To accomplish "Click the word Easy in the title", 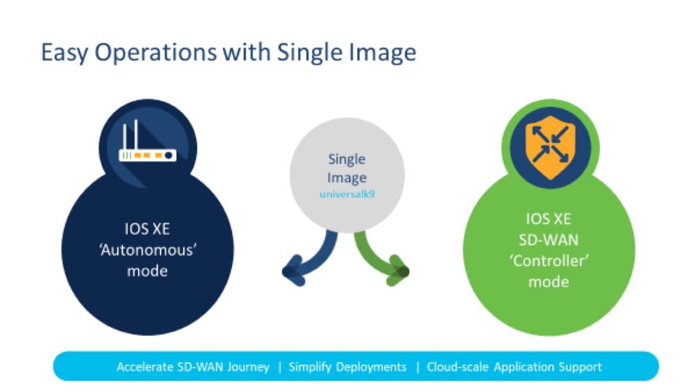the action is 65,53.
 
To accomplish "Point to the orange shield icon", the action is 550,147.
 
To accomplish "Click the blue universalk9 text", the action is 347,194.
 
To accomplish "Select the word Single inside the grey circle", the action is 347,159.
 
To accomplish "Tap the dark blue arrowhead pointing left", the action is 293,270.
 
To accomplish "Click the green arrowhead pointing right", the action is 399,270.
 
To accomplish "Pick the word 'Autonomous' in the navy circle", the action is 148,250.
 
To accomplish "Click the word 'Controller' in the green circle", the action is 549,260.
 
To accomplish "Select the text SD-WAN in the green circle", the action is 549,239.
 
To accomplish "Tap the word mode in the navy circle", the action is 148,271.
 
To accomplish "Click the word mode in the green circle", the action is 549,281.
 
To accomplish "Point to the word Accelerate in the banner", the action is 145,367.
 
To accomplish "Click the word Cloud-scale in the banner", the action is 458,367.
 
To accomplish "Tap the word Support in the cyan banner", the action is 580,367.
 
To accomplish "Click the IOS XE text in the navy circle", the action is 147,229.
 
